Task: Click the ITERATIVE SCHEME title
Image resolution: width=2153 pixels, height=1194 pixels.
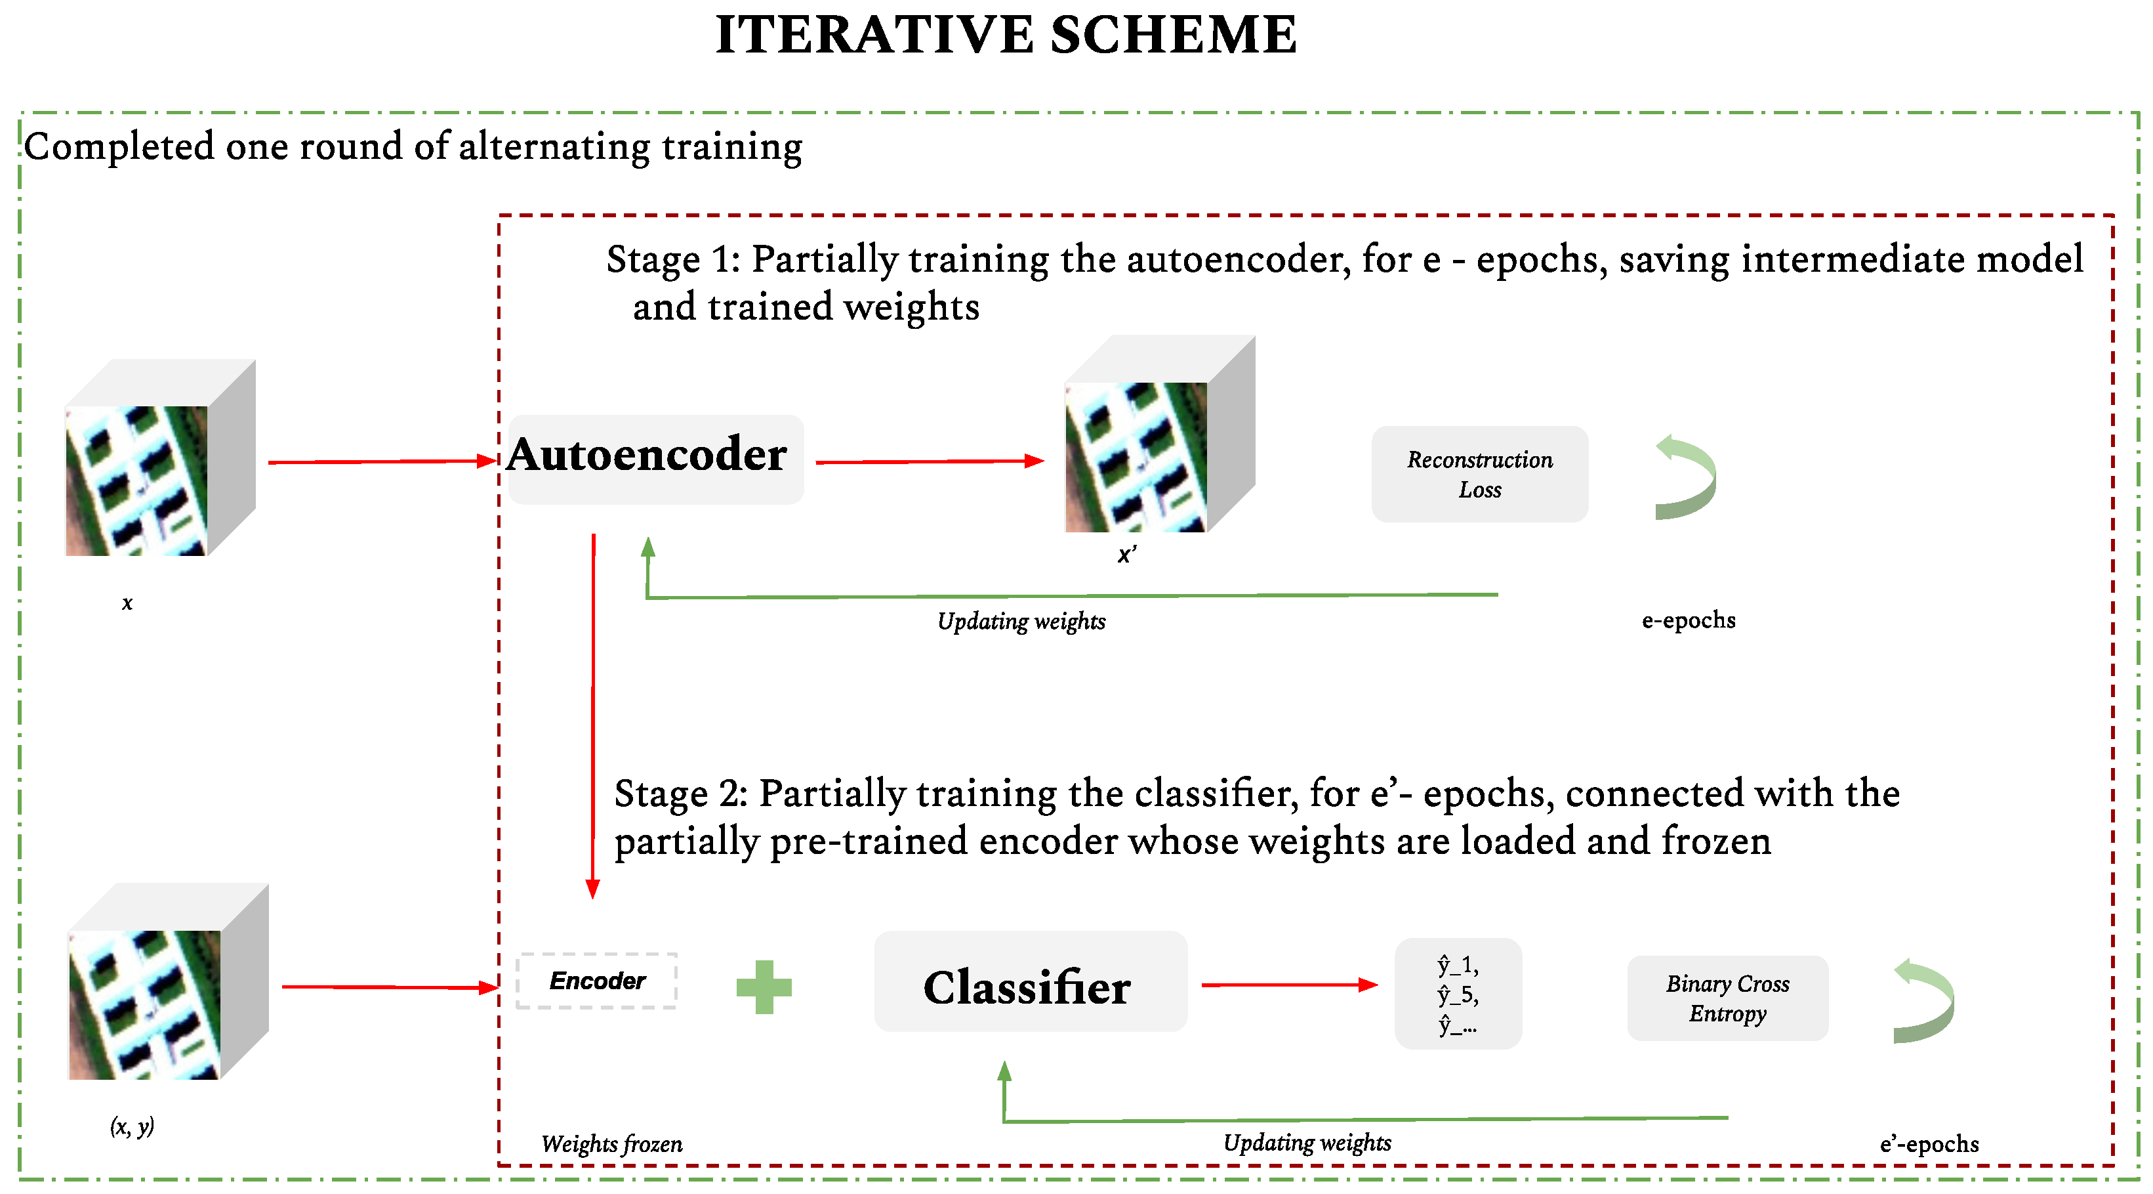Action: click(1006, 35)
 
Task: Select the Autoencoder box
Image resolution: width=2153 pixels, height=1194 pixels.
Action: click(655, 459)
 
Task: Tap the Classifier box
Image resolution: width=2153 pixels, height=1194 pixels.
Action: click(1030, 981)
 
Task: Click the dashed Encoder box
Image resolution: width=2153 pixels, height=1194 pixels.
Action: click(597, 981)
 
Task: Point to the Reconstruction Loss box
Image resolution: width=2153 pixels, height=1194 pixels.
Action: click(1479, 474)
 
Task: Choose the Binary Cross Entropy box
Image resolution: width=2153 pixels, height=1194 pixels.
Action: click(1727, 998)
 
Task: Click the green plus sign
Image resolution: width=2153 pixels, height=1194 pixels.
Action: click(763, 987)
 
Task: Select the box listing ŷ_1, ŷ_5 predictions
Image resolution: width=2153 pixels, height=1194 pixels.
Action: click(1458, 994)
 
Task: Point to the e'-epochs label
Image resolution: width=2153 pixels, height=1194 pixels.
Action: click(1928, 1144)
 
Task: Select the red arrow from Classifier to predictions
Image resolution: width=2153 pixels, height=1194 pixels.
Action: click(1288, 985)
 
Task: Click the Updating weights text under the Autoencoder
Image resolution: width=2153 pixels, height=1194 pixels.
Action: click(1021, 621)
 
